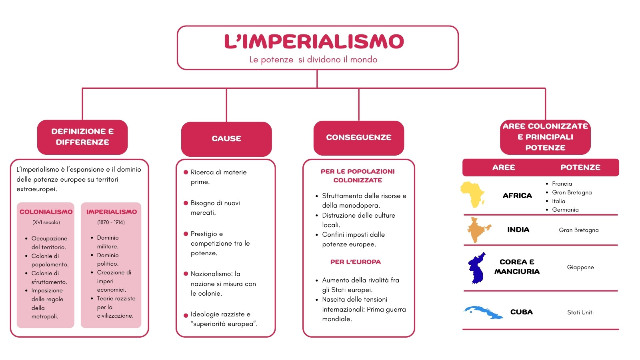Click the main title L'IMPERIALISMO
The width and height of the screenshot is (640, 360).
pos(314,42)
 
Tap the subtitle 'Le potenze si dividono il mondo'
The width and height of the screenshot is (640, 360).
pos(313,60)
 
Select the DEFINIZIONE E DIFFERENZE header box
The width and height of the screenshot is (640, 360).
pos(82,137)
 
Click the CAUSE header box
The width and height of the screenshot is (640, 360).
pos(226,139)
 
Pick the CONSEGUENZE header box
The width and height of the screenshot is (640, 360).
pos(358,138)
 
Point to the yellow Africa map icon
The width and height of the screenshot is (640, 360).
pos(473,194)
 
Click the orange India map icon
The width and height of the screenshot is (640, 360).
pos(479,230)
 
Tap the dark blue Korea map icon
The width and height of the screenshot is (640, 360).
pos(476,268)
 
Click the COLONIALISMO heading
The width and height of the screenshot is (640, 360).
pos(46,212)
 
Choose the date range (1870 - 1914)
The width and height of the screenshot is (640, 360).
pos(111,222)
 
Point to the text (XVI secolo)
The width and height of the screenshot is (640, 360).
pos(46,222)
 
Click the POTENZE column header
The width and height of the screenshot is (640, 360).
pos(580,168)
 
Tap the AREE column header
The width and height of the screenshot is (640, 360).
pos(504,168)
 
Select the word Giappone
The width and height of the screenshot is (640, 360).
pos(580,268)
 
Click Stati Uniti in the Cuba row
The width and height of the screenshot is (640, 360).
pos(580,312)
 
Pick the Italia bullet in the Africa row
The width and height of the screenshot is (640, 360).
pos(558,201)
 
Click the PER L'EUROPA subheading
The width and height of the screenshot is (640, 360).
pos(356,262)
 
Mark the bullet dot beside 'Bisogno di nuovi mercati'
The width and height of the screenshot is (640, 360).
pos(186,203)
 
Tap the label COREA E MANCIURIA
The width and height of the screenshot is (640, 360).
pos(517,267)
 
